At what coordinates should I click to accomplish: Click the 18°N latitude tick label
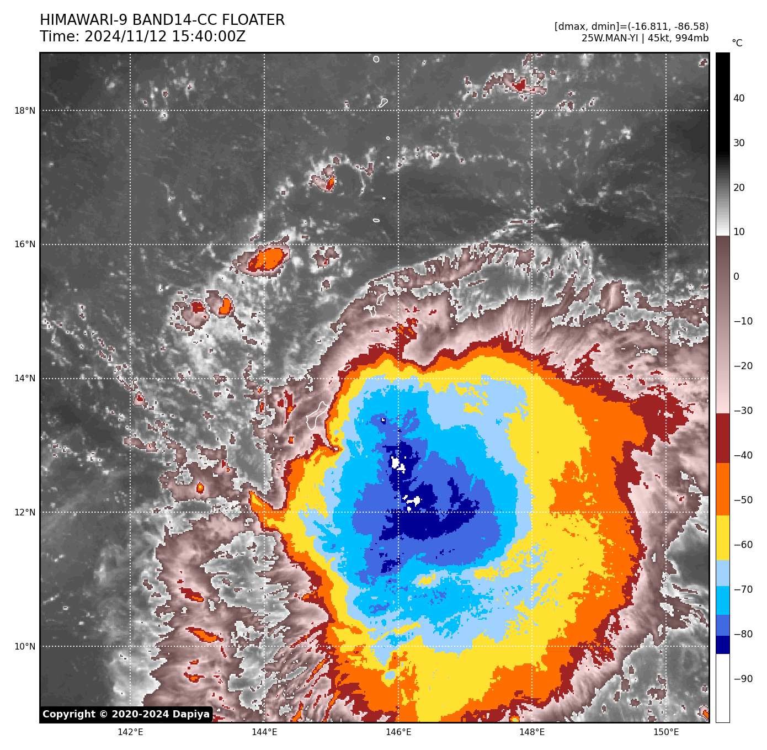[x=25, y=110]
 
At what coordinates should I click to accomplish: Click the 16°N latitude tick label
[x=25, y=244]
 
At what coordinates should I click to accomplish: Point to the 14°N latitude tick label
[x=25, y=379]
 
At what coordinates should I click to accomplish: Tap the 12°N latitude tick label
[x=25, y=512]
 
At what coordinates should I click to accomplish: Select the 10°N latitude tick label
[x=25, y=646]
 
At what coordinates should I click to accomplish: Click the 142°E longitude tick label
[x=130, y=732]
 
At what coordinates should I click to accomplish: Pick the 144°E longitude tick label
[x=264, y=732]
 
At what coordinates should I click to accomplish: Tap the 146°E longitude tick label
[x=398, y=732]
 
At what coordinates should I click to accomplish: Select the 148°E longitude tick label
[x=532, y=732]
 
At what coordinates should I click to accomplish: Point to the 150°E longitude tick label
[x=666, y=732]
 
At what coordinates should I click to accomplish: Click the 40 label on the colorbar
[x=739, y=98]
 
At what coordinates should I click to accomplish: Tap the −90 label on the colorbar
[x=743, y=679]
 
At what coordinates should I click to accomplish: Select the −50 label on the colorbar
[x=743, y=500]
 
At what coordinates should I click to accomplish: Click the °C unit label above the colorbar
[x=737, y=43]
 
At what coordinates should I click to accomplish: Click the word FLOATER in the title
[x=253, y=20]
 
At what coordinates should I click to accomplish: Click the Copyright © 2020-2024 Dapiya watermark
[x=126, y=714]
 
